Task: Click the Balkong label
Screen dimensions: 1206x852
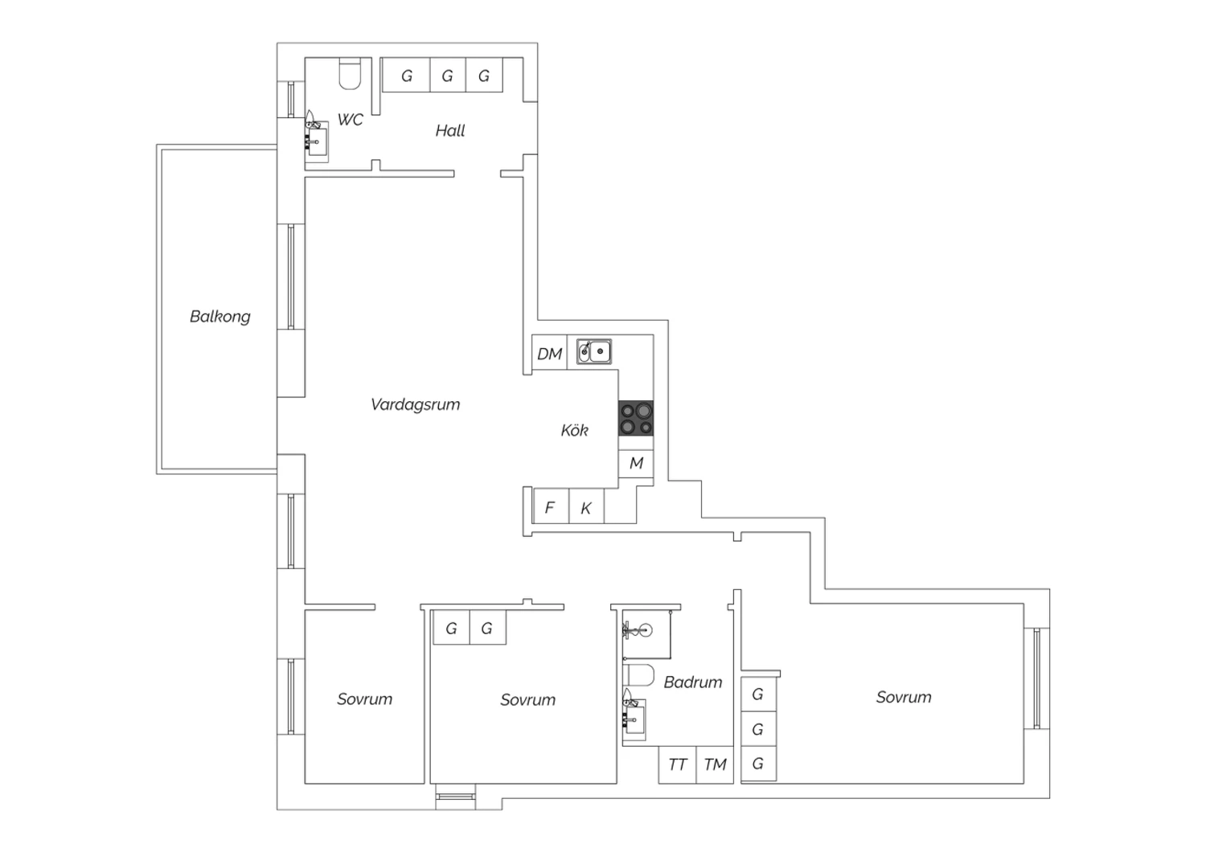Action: [220, 317]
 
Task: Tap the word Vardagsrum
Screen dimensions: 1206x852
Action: [415, 404]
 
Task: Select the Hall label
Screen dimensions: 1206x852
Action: [450, 131]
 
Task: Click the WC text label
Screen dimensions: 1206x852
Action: [350, 120]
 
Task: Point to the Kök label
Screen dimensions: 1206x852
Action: [575, 430]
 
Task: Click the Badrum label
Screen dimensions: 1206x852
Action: [693, 682]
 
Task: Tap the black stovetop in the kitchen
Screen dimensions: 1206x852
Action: [636, 418]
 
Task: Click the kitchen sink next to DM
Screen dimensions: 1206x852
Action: [594, 351]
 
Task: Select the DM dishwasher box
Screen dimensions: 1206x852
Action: [549, 353]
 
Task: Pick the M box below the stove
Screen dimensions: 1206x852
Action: [636, 463]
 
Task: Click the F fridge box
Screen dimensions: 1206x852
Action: [551, 506]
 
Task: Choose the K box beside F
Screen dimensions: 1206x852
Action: [586, 506]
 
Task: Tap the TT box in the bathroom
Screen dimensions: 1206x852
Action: [677, 764]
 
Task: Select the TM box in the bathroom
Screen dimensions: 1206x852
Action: [715, 764]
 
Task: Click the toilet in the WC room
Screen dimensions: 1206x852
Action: [350, 74]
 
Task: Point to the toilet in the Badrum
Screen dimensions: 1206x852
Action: [638, 675]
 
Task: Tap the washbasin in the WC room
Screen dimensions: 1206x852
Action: [317, 139]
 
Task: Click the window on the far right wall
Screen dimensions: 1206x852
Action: [1037, 678]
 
